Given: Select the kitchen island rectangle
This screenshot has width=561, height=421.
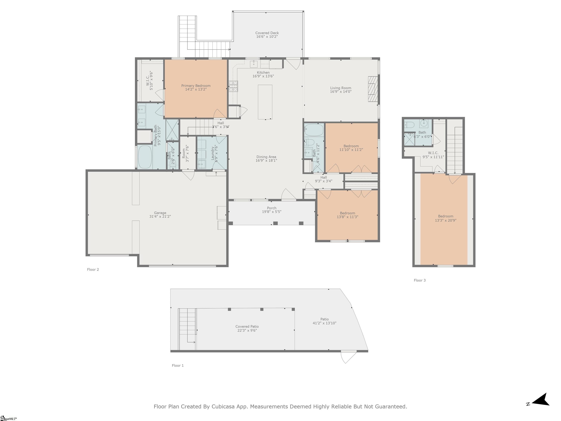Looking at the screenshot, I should pos(265,102).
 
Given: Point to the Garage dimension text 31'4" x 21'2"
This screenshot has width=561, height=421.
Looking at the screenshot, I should pos(160,217).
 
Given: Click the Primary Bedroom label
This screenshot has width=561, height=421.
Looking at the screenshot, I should pos(196,86).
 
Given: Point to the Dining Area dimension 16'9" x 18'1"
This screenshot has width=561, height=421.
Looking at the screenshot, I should pos(266,160).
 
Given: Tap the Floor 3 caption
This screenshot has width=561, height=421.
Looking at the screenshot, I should pos(420,280).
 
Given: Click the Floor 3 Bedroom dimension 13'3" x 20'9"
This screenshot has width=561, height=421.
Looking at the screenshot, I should pos(445,220).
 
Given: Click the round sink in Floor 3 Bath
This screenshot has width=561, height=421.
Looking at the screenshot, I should pos(423,123).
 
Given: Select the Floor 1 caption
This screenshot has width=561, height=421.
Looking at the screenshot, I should pos(178,365).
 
